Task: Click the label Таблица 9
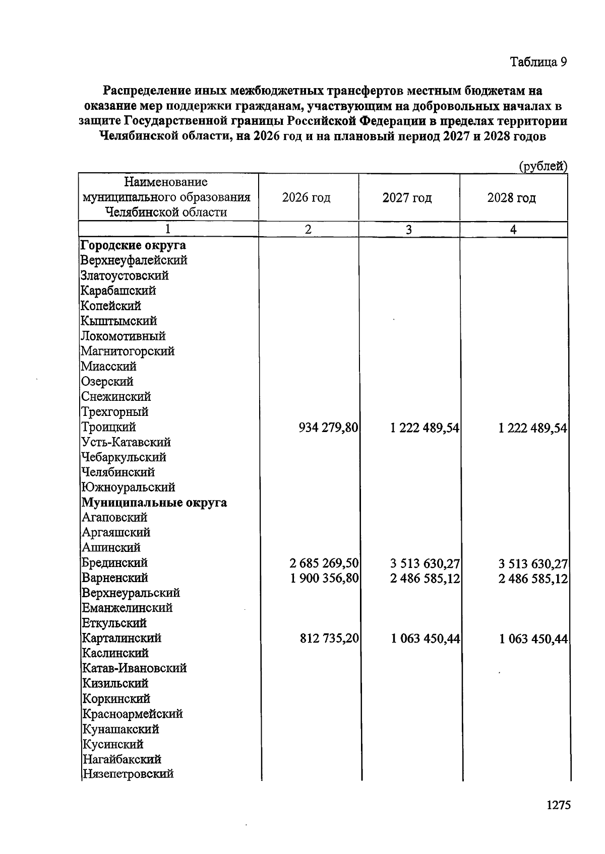coord(538,62)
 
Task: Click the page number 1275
coord(558,805)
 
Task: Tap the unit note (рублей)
coord(543,166)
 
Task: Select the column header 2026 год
coord(307,197)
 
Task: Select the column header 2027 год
coord(407,197)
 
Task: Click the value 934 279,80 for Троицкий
coord(328,428)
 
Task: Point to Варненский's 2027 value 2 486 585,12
coord(425,579)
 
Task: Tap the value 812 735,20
coord(329,638)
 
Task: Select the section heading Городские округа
coord(133,245)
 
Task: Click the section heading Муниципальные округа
coord(154,503)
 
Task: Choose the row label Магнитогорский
coord(128,351)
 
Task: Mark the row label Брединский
coord(114,562)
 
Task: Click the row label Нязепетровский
coord(128,774)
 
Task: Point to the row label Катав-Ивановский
coord(134,668)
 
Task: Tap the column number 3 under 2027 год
coord(408,230)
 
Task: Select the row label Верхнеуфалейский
coord(134,260)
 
